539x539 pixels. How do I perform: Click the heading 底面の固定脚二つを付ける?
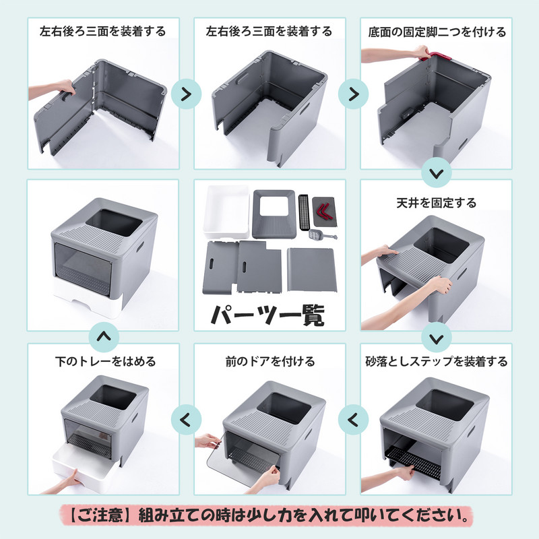click(x=437, y=32)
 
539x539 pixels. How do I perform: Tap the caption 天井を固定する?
click(x=436, y=203)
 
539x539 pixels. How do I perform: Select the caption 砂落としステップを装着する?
click(x=436, y=362)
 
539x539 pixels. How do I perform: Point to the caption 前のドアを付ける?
click(x=270, y=362)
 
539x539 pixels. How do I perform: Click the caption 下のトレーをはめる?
click(x=105, y=362)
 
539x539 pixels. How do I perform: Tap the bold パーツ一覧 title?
click(x=267, y=314)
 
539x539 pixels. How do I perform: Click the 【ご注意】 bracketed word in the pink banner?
click(x=97, y=515)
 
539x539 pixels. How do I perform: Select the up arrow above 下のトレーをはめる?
click(x=104, y=336)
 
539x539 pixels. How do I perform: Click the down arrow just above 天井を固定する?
click(x=436, y=173)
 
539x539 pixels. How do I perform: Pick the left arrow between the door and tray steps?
click(x=186, y=420)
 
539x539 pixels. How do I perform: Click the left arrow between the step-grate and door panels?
click(x=353, y=420)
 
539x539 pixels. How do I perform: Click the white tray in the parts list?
click(x=226, y=212)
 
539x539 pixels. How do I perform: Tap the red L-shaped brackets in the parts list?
click(x=325, y=211)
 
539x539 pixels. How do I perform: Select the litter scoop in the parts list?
click(x=322, y=235)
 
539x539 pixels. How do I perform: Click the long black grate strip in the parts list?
click(x=304, y=212)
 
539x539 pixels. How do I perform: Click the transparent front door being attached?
click(x=243, y=459)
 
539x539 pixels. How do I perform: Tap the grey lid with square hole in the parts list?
click(x=274, y=214)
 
